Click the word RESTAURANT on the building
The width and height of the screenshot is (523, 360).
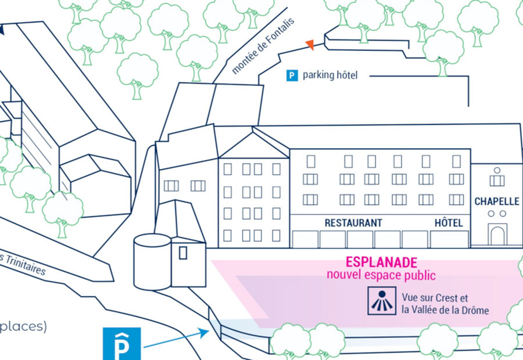click(x=353, y=223)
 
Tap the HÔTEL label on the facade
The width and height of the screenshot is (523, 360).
click(x=449, y=223)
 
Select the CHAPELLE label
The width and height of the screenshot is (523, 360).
click(x=497, y=201)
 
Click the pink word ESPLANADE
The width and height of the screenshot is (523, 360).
click(x=381, y=262)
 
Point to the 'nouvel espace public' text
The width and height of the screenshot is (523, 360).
click(x=381, y=275)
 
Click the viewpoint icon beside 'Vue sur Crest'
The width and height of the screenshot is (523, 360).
click(x=382, y=301)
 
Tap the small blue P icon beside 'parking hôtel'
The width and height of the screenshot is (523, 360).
click(x=292, y=75)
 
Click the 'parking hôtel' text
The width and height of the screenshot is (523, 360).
click(x=330, y=75)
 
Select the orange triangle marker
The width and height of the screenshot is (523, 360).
click(x=310, y=44)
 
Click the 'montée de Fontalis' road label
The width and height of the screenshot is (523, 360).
click(x=263, y=46)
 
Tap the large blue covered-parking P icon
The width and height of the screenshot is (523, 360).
click(x=121, y=343)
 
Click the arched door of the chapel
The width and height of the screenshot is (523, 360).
click(x=497, y=235)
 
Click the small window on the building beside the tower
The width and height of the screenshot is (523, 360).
click(x=183, y=253)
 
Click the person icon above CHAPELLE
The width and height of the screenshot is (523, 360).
click(x=497, y=172)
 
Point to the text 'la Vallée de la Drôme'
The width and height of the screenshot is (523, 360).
click(x=445, y=310)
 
